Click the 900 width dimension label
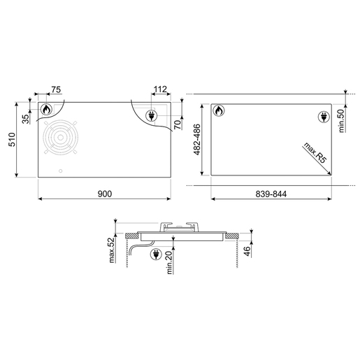pyautogui.click(x=105, y=194)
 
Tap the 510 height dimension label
pyautogui.click(x=12, y=140)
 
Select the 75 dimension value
pyautogui.click(x=56, y=89)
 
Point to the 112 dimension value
pyautogui.click(x=160, y=89)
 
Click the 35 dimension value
pyautogui.click(x=27, y=119)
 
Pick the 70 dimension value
pyautogui.click(x=178, y=124)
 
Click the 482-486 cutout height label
pyautogui.click(x=197, y=140)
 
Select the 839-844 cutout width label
pyautogui.click(x=271, y=194)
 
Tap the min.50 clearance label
pyautogui.click(x=341, y=121)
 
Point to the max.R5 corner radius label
pyautogui.click(x=315, y=153)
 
